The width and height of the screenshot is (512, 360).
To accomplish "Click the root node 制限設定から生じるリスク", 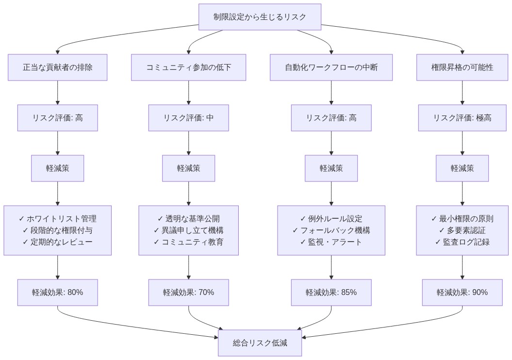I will [x=260, y=17].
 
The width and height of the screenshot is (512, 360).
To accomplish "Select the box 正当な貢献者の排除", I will [x=58, y=67].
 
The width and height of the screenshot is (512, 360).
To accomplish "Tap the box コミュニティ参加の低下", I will [x=188, y=67].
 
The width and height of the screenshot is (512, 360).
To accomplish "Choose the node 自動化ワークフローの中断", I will [x=331, y=67].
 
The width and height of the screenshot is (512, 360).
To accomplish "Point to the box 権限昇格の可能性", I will [x=462, y=67].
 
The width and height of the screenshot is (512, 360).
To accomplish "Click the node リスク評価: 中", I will [x=188, y=118].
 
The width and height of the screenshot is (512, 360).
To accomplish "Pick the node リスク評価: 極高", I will [x=462, y=118].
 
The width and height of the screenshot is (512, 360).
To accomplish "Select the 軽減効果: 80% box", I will [x=58, y=293].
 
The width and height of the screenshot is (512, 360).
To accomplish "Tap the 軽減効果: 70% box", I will [x=188, y=293].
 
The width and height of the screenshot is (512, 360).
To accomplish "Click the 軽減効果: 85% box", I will [x=331, y=293].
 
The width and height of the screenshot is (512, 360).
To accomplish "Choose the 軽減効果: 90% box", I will [x=462, y=293].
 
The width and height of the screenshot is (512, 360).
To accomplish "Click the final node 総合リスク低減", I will [x=260, y=343].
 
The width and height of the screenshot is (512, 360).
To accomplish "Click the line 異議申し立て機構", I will [x=188, y=230].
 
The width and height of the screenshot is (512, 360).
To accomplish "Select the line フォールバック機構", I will [x=331, y=230].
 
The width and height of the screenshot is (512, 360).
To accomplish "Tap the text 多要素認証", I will [x=462, y=230].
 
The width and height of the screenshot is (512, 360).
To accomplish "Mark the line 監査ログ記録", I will [x=462, y=242].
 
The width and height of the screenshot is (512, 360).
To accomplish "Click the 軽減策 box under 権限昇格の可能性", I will [x=462, y=168].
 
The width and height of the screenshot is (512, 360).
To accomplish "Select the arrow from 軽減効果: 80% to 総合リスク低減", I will [x=136, y=326].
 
